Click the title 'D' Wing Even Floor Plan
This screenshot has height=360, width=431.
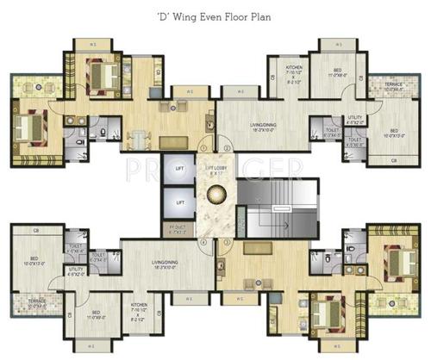pyautogui.click(x=215, y=15)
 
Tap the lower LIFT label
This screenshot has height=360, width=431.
pyautogui.click(x=179, y=202)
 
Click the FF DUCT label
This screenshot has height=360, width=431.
pyautogui.click(x=178, y=229)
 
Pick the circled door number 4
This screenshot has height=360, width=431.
pyautogui.click(x=203, y=242)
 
